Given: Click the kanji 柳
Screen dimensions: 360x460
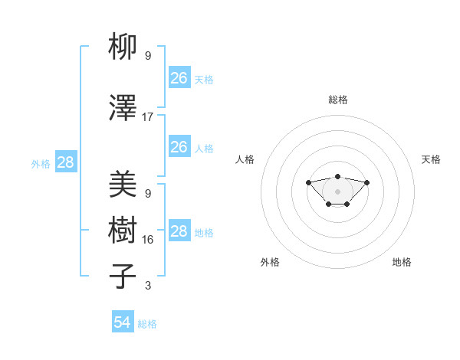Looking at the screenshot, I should [x=123, y=48].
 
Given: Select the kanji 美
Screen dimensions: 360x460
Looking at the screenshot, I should [x=123, y=185].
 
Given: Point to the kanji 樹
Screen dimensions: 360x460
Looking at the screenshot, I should [x=123, y=231].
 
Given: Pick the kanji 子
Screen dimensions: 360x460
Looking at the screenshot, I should [x=123, y=277].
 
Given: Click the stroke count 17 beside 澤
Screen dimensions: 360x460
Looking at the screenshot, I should [x=148, y=117].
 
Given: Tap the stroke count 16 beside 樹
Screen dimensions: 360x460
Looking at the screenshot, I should [x=148, y=240].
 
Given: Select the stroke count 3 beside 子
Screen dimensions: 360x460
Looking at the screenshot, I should [x=148, y=286].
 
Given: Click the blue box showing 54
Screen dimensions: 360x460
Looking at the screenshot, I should [x=123, y=322].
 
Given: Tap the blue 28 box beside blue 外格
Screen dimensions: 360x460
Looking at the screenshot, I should [x=65, y=162].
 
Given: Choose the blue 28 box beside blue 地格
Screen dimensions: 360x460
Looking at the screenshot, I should [x=179, y=231].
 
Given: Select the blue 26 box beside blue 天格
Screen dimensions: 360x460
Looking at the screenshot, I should [x=179, y=78].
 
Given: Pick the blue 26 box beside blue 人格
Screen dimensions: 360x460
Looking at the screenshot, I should [x=179, y=147].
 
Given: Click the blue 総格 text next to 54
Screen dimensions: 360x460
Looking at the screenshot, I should [x=147, y=324].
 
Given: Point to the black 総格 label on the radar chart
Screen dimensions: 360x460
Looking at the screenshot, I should [x=337, y=100].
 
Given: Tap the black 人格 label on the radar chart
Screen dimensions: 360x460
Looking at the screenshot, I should [x=245, y=159].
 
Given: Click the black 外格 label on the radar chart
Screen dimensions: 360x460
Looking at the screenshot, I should [x=270, y=262].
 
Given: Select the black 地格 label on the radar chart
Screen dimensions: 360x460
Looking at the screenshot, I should [x=402, y=262].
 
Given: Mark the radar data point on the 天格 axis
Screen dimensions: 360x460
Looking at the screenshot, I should [x=366, y=182].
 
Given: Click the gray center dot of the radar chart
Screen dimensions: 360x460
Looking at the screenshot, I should [x=337, y=191].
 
